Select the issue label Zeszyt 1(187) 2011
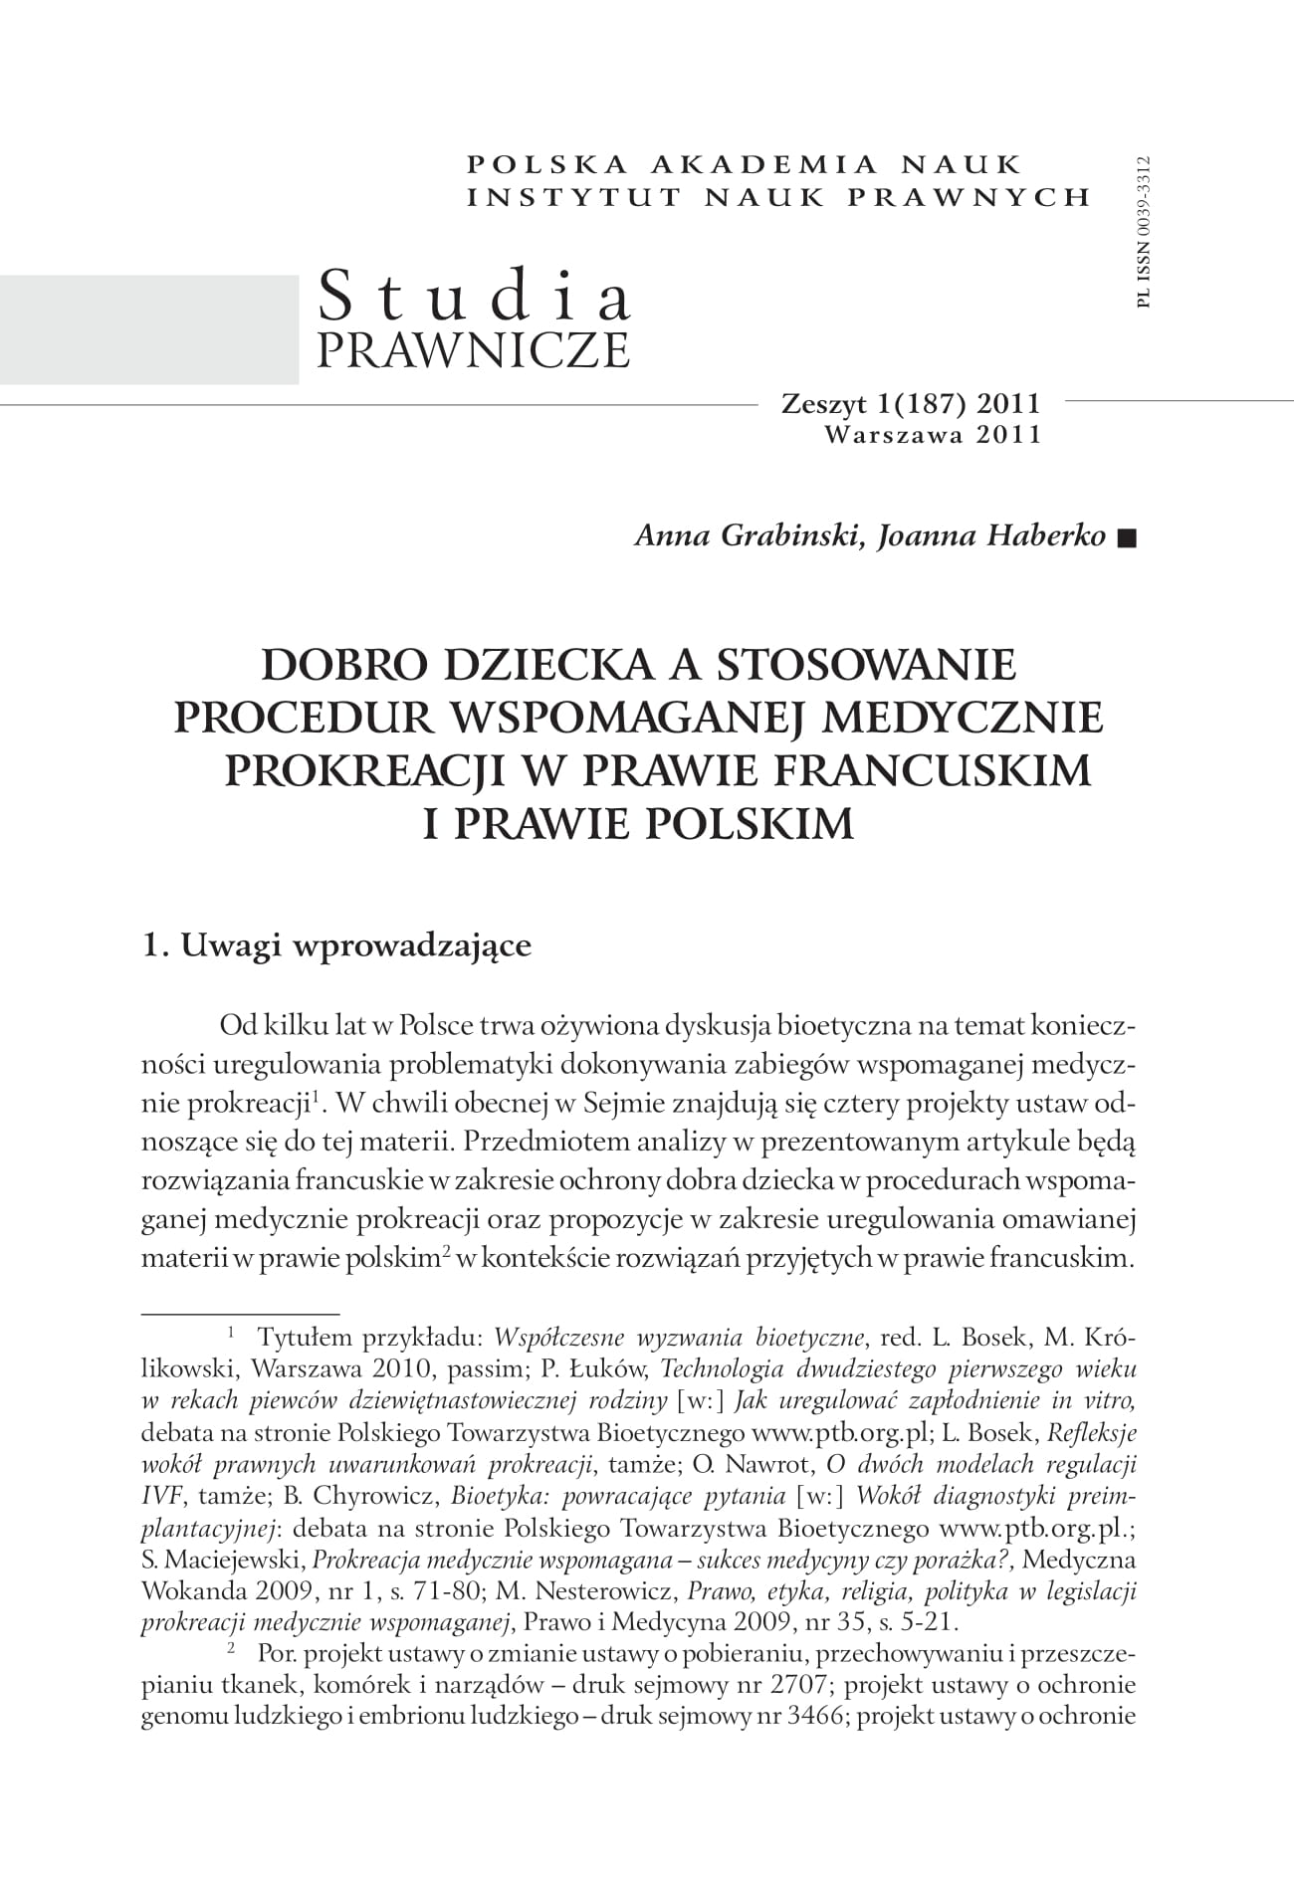(x=911, y=404)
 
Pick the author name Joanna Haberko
(x=991, y=536)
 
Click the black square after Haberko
(x=1126, y=538)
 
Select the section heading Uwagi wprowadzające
(x=354, y=944)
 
